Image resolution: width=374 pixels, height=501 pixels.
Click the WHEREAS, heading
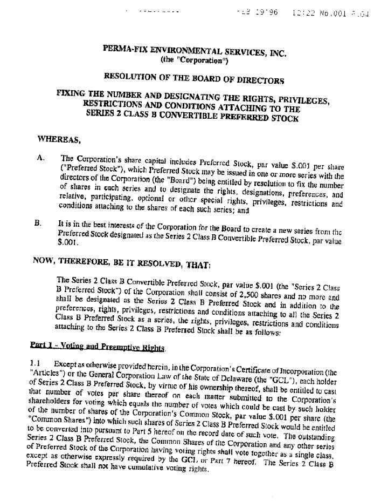click(x=59, y=140)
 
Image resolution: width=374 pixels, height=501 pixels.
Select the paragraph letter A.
click(x=40, y=158)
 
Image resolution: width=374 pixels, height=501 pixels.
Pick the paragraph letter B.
click(x=39, y=221)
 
